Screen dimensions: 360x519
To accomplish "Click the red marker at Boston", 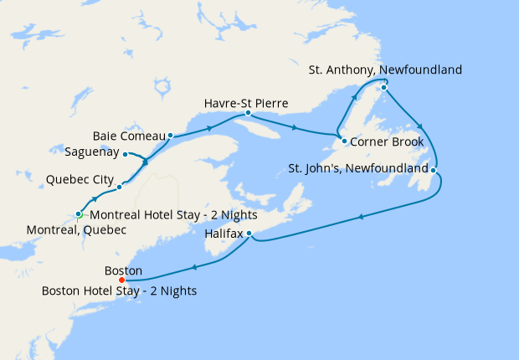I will pyautogui.click(x=122, y=280).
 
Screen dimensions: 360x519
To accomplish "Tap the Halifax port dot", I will pyautogui.click(x=249, y=234).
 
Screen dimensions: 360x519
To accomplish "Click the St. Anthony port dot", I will pyautogui.click(x=383, y=87).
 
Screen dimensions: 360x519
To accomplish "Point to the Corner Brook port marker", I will pyautogui.click(x=344, y=141).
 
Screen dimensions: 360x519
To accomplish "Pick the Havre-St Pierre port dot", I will pyautogui.click(x=248, y=113).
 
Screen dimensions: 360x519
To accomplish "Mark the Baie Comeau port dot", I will pyautogui.click(x=170, y=135).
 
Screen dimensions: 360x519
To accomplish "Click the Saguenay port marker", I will pyautogui.click(x=125, y=154).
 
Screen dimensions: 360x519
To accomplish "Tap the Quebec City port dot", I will pyautogui.click(x=120, y=186).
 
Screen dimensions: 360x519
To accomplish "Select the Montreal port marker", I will pyautogui.click(x=79, y=214).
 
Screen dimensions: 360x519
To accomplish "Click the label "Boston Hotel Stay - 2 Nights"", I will pyautogui.click(x=119, y=291).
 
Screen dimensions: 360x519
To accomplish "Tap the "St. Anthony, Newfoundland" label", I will pyautogui.click(x=385, y=69).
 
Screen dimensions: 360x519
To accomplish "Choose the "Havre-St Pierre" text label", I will pyautogui.click(x=246, y=103).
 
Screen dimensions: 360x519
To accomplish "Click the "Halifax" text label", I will pyautogui.click(x=224, y=235).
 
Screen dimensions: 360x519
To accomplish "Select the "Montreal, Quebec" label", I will pyautogui.click(x=76, y=229).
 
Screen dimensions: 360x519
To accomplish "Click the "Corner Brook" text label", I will pyautogui.click(x=387, y=141).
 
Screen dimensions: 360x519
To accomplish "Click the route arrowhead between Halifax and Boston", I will pyautogui.click(x=194, y=268).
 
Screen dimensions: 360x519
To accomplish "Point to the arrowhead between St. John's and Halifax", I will pyautogui.click(x=361, y=217).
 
